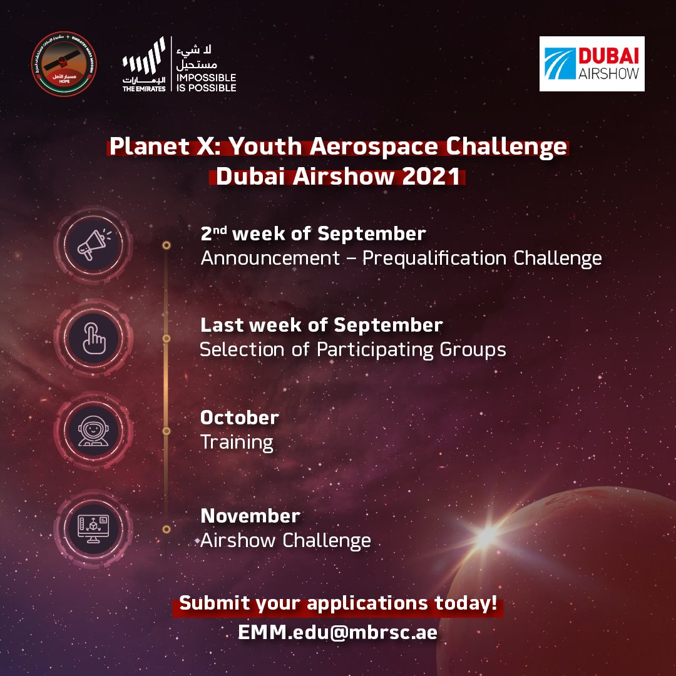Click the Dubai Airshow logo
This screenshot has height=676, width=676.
pos(591,64)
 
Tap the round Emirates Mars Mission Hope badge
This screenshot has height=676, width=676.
pos(63,64)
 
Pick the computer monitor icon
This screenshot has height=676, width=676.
pos(93,525)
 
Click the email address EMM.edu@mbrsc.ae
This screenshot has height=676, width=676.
pos(337,632)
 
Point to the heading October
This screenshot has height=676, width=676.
pos(239,417)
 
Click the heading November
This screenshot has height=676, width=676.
pos(250,516)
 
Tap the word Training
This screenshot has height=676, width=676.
pos(237,443)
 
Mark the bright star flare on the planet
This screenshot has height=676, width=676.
pos(486,536)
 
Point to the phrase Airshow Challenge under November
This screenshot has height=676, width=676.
pos(285,540)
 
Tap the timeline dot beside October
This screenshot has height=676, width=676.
pos(166,431)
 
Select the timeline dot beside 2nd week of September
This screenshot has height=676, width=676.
pos(166,245)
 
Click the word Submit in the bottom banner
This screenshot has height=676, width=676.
pos(212,604)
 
